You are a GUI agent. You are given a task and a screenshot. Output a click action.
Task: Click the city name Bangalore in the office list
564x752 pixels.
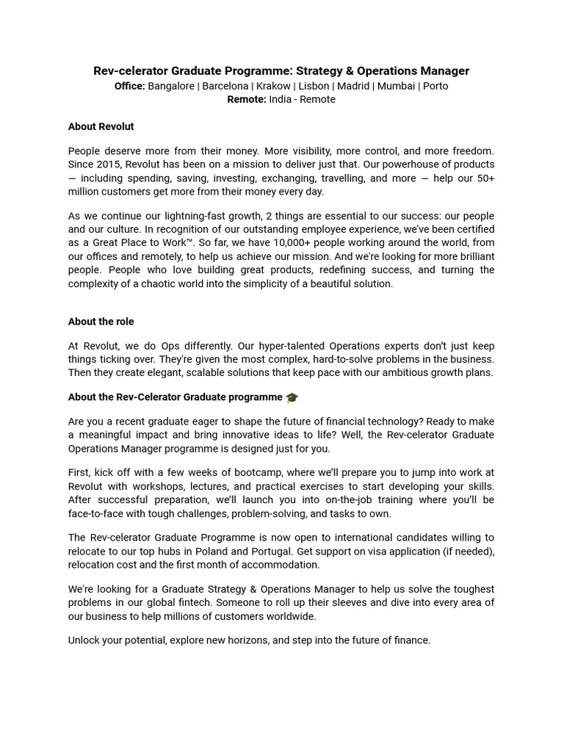pyautogui.click(x=171, y=86)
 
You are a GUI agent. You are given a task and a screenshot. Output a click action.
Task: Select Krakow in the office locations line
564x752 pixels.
pyautogui.click(x=273, y=86)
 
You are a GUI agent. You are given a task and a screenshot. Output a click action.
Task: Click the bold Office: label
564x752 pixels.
pyautogui.click(x=130, y=86)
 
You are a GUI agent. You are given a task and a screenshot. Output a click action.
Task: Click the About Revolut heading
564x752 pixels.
pyautogui.click(x=101, y=126)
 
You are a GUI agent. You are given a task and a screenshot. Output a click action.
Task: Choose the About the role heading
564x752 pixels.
pyautogui.click(x=101, y=322)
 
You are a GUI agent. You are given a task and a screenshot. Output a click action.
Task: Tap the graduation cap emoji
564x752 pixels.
pyautogui.click(x=292, y=397)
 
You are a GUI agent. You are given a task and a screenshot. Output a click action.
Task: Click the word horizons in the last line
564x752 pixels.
pyautogui.click(x=247, y=640)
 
